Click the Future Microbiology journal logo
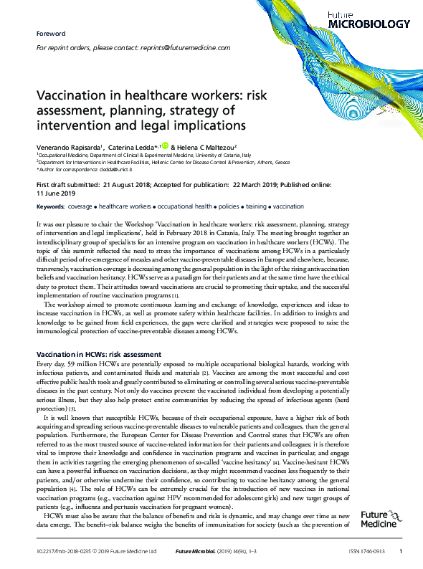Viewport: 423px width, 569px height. [379, 19]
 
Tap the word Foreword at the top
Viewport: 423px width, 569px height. [50, 34]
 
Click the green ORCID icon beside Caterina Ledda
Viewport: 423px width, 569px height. [166, 144]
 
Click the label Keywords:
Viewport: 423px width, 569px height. [49, 206]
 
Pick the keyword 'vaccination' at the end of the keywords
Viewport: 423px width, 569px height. [288, 206]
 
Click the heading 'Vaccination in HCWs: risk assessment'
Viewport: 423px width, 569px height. [98, 355]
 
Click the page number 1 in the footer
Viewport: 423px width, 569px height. [400, 551]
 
